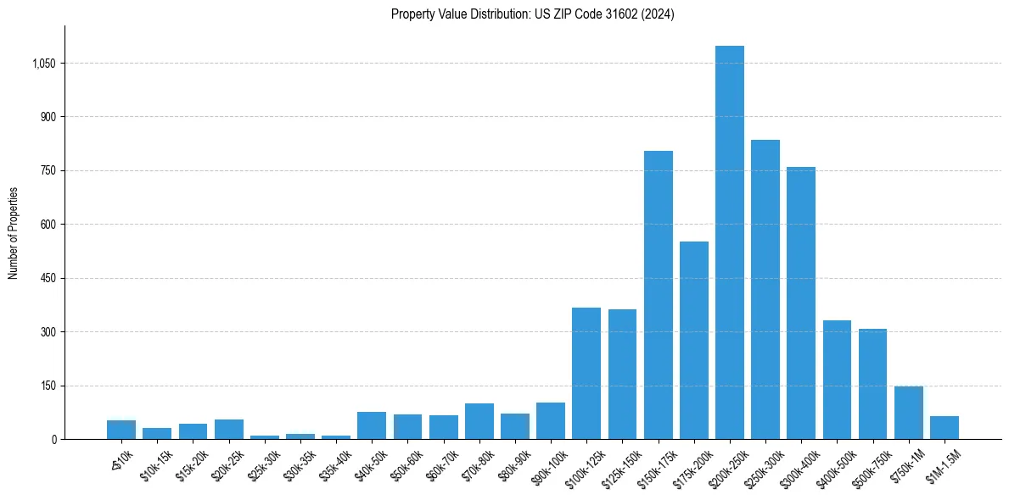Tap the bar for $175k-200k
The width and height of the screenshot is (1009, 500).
click(x=694, y=340)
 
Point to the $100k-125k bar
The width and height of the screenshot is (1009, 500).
click(x=586, y=373)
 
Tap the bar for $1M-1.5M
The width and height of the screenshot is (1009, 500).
click(x=945, y=428)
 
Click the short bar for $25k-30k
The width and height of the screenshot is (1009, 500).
click(x=265, y=437)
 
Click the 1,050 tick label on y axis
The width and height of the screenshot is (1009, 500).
click(x=42, y=64)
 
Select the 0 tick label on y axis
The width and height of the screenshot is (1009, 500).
click(x=53, y=439)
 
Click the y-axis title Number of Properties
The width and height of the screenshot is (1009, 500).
click(x=14, y=232)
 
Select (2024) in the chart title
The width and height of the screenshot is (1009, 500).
click(x=658, y=14)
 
